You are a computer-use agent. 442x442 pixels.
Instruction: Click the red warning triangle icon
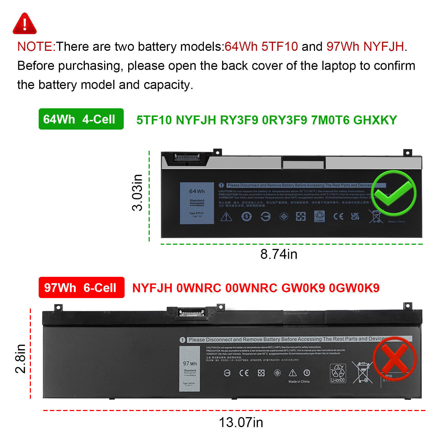[25, 24]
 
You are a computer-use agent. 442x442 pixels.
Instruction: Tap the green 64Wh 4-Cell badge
[81, 119]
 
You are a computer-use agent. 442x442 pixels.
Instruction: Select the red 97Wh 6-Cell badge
[81, 288]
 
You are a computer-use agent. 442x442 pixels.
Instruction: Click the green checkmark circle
[393, 193]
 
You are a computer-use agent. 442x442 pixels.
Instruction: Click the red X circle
[395, 359]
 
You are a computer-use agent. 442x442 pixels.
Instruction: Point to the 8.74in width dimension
[279, 254]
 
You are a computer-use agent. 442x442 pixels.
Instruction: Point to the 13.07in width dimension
[241, 422]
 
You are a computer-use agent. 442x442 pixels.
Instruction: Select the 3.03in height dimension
[137, 193]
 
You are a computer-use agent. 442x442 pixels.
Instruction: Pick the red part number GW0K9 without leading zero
[303, 288]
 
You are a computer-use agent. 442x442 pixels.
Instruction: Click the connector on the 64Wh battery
[187, 158]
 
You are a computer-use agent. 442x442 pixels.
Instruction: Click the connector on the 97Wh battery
[192, 313]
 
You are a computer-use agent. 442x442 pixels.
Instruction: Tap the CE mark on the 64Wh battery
[338, 216]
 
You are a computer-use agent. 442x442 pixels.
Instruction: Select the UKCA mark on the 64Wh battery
[355, 216]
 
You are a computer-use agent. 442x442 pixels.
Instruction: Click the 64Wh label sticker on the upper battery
[197, 203]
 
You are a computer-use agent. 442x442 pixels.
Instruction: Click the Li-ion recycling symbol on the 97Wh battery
[338, 373]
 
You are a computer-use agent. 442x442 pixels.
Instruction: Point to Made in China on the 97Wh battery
[299, 382]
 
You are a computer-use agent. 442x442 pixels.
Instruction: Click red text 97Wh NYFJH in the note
[365, 47]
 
